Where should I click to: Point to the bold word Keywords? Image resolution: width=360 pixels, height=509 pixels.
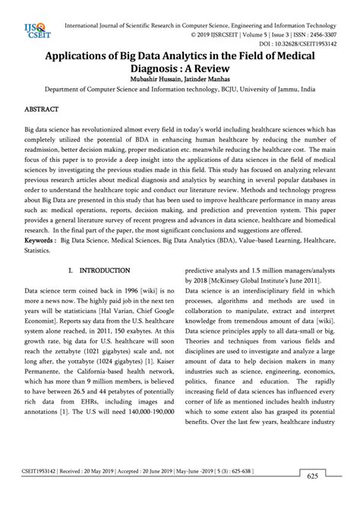[x=41, y=239]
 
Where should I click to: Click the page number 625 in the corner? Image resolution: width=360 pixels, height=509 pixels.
[x=311, y=497]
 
